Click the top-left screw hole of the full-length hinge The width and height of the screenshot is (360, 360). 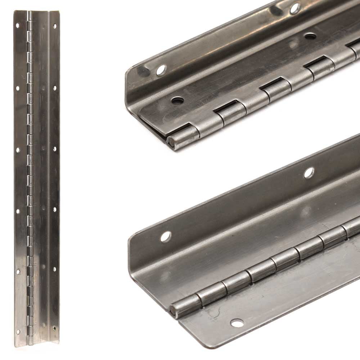point(17,26)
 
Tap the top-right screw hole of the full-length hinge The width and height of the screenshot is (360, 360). point(55,26)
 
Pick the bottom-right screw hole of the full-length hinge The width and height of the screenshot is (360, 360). point(55,328)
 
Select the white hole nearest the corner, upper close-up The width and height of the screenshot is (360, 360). point(161,70)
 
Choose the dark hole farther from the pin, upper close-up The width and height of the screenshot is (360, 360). point(310,36)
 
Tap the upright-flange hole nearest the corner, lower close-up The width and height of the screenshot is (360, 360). point(166,237)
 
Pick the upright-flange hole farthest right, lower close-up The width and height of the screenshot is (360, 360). point(309,173)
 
